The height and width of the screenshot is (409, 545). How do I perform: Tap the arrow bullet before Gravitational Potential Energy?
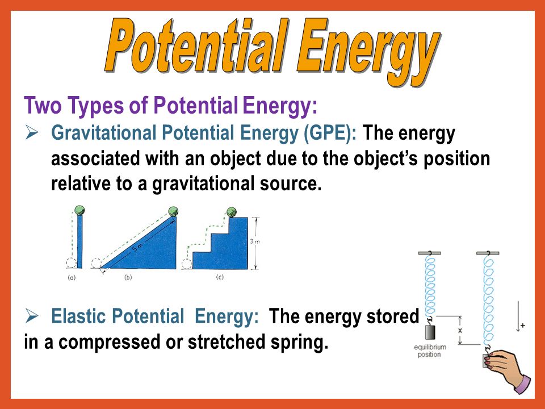click(32, 133)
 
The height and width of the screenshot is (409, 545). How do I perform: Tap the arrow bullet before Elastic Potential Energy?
click(32, 316)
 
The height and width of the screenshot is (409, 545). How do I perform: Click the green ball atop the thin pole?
click(79, 210)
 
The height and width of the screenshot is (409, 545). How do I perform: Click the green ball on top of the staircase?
click(232, 212)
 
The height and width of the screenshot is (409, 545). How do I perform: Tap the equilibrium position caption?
click(428, 351)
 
